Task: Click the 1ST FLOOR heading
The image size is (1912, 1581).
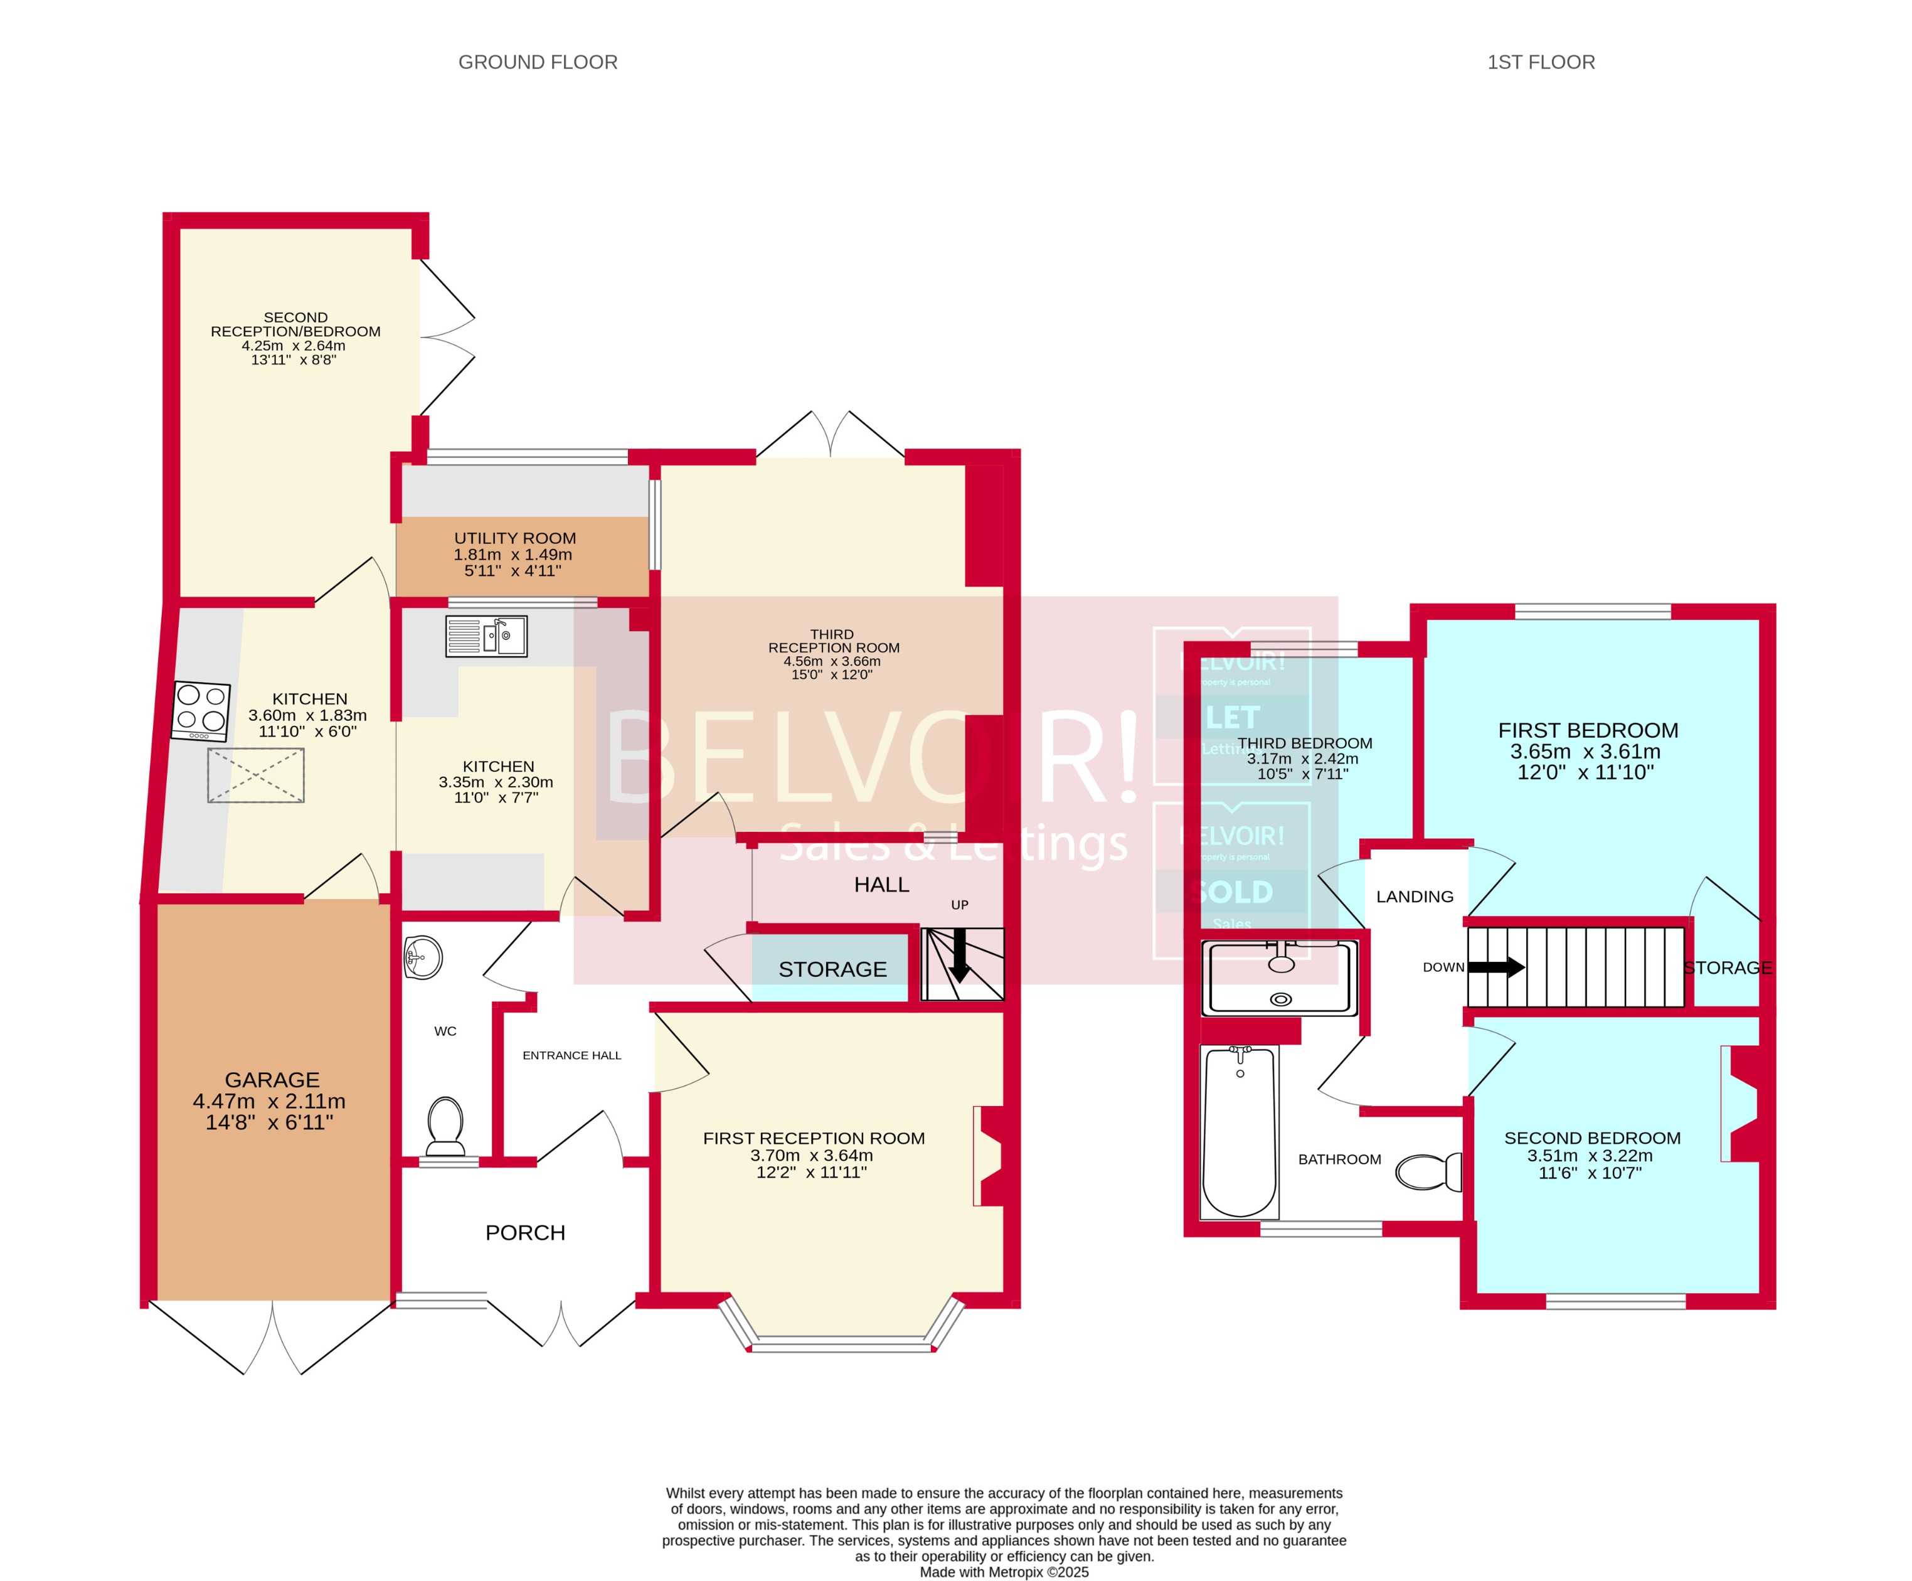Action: [x=1541, y=62]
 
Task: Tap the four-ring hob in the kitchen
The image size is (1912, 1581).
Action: [x=201, y=710]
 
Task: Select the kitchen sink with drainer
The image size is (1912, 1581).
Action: [x=486, y=636]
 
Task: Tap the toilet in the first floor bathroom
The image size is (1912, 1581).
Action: [x=1428, y=1171]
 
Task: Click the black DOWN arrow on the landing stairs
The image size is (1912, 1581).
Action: [x=1496, y=967]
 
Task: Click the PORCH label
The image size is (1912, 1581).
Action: [x=525, y=1232]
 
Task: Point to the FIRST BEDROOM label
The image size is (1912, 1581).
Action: [x=1588, y=730]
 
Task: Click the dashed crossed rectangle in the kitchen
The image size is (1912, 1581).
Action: [x=256, y=775]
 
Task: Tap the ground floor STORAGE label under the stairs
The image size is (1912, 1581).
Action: [x=832, y=969]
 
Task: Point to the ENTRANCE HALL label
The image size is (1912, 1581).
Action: [x=571, y=1055]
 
